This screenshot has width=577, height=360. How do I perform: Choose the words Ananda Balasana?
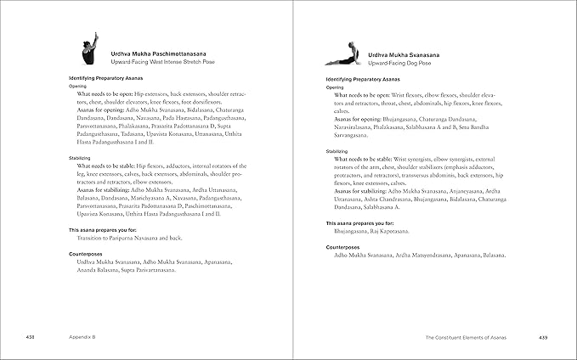pos(90,270)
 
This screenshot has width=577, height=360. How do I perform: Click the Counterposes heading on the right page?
pos(344,246)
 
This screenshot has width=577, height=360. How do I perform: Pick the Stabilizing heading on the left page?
pos(82,158)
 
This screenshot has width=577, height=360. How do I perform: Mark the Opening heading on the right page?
pos(335,87)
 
